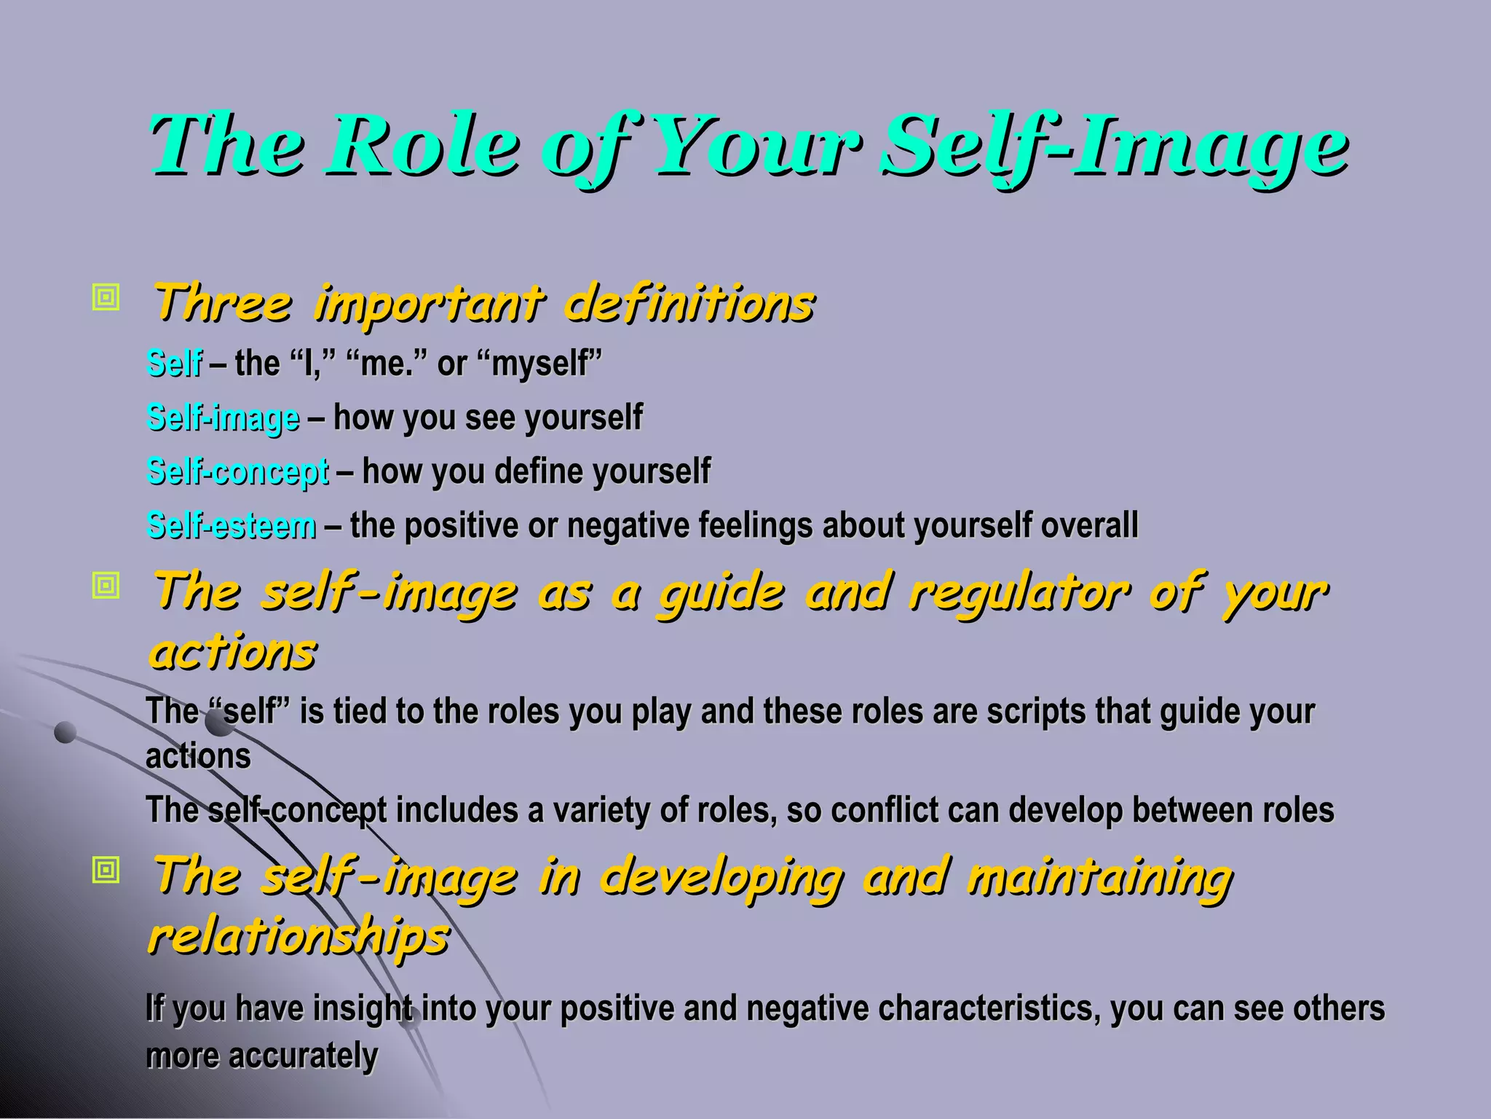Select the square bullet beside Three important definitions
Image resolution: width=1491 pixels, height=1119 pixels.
(x=106, y=297)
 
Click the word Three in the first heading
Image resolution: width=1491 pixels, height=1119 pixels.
(x=223, y=302)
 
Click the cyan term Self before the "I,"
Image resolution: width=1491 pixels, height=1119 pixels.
(x=175, y=363)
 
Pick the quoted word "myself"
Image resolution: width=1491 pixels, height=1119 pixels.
(x=547, y=363)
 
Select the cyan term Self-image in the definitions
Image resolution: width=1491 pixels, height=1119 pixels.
(x=224, y=417)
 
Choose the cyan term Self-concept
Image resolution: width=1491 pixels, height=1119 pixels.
(x=238, y=471)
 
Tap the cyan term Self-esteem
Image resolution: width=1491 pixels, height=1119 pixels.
(x=232, y=525)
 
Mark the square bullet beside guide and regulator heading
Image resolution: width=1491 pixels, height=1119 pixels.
(x=106, y=585)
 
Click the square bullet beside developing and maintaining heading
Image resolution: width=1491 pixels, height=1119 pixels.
(x=106, y=870)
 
